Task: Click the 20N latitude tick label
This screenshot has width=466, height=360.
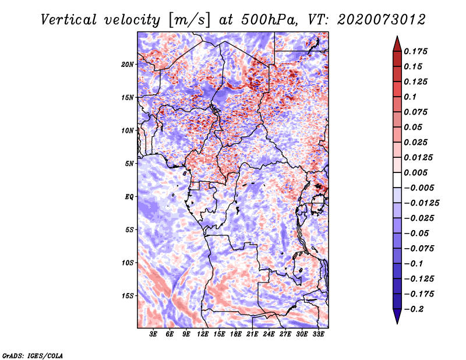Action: tap(128, 64)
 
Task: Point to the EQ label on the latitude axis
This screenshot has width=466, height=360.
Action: tap(129, 196)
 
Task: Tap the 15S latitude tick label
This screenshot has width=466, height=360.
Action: tap(128, 296)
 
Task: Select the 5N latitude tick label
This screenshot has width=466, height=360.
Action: tap(129, 164)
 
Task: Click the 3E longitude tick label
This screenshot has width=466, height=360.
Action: tap(153, 334)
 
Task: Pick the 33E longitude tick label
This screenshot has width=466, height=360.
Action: tap(318, 334)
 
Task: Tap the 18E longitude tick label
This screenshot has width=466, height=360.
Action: tap(236, 334)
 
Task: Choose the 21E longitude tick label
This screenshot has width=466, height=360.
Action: tap(252, 334)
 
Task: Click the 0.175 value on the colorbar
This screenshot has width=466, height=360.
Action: tap(415, 51)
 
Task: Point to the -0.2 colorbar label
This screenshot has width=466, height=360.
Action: tap(414, 309)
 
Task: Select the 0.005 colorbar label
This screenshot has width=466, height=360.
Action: tap(415, 172)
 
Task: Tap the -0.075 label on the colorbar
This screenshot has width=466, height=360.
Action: tap(419, 248)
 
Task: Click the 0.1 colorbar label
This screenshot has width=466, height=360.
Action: tap(410, 97)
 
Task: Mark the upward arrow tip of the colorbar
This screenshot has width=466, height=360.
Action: tap(397, 36)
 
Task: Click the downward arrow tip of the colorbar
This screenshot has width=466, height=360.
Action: tap(397, 323)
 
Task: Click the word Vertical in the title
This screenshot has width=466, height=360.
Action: tap(69, 20)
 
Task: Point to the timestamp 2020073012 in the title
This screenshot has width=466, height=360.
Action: tap(382, 20)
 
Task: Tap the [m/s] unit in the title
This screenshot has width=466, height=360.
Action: tap(189, 20)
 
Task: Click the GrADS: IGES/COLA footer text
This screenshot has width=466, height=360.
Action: tap(33, 355)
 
